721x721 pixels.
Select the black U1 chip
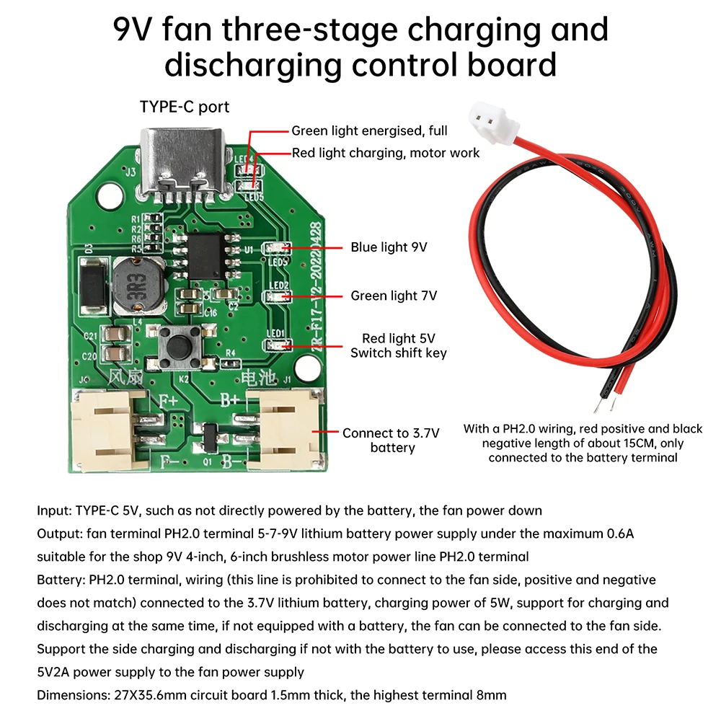tap(207, 253)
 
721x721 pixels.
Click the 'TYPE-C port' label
tap(184, 107)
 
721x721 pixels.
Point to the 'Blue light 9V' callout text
tap(389, 247)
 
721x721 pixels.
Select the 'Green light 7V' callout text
tap(394, 296)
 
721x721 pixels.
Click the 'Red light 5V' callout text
tap(398, 338)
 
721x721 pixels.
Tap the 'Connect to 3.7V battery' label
tap(392, 441)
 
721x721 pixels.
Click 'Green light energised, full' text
tap(369, 131)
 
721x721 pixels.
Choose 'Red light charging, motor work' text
tap(386, 153)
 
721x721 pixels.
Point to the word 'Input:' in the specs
tap(55, 510)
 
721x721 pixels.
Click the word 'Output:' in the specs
tap(60, 534)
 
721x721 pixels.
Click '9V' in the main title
tap(135, 30)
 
